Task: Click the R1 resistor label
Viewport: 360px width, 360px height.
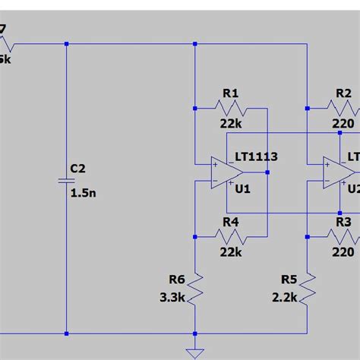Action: coord(231,93)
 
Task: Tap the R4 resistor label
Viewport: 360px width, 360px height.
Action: coord(231,223)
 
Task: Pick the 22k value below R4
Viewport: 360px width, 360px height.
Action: coord(231,251)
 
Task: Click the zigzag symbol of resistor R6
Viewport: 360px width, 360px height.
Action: coord(195,288)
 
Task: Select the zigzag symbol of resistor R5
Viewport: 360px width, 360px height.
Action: coord(307,288)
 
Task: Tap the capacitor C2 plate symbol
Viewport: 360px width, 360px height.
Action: coord(67,181)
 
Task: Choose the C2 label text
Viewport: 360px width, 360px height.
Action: coord(79,168)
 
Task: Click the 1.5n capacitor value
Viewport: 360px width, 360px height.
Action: coord(84,193)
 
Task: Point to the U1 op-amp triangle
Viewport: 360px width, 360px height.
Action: coord(226,172)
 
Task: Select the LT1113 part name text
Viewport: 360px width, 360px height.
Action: coord(256,156)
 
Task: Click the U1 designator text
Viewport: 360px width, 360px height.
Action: coord(242,189)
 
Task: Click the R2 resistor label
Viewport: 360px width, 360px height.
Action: coord(343,93)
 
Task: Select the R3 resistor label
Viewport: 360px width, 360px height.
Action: coord(343,223)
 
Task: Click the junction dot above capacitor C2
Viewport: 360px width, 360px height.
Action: coord(67,43)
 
